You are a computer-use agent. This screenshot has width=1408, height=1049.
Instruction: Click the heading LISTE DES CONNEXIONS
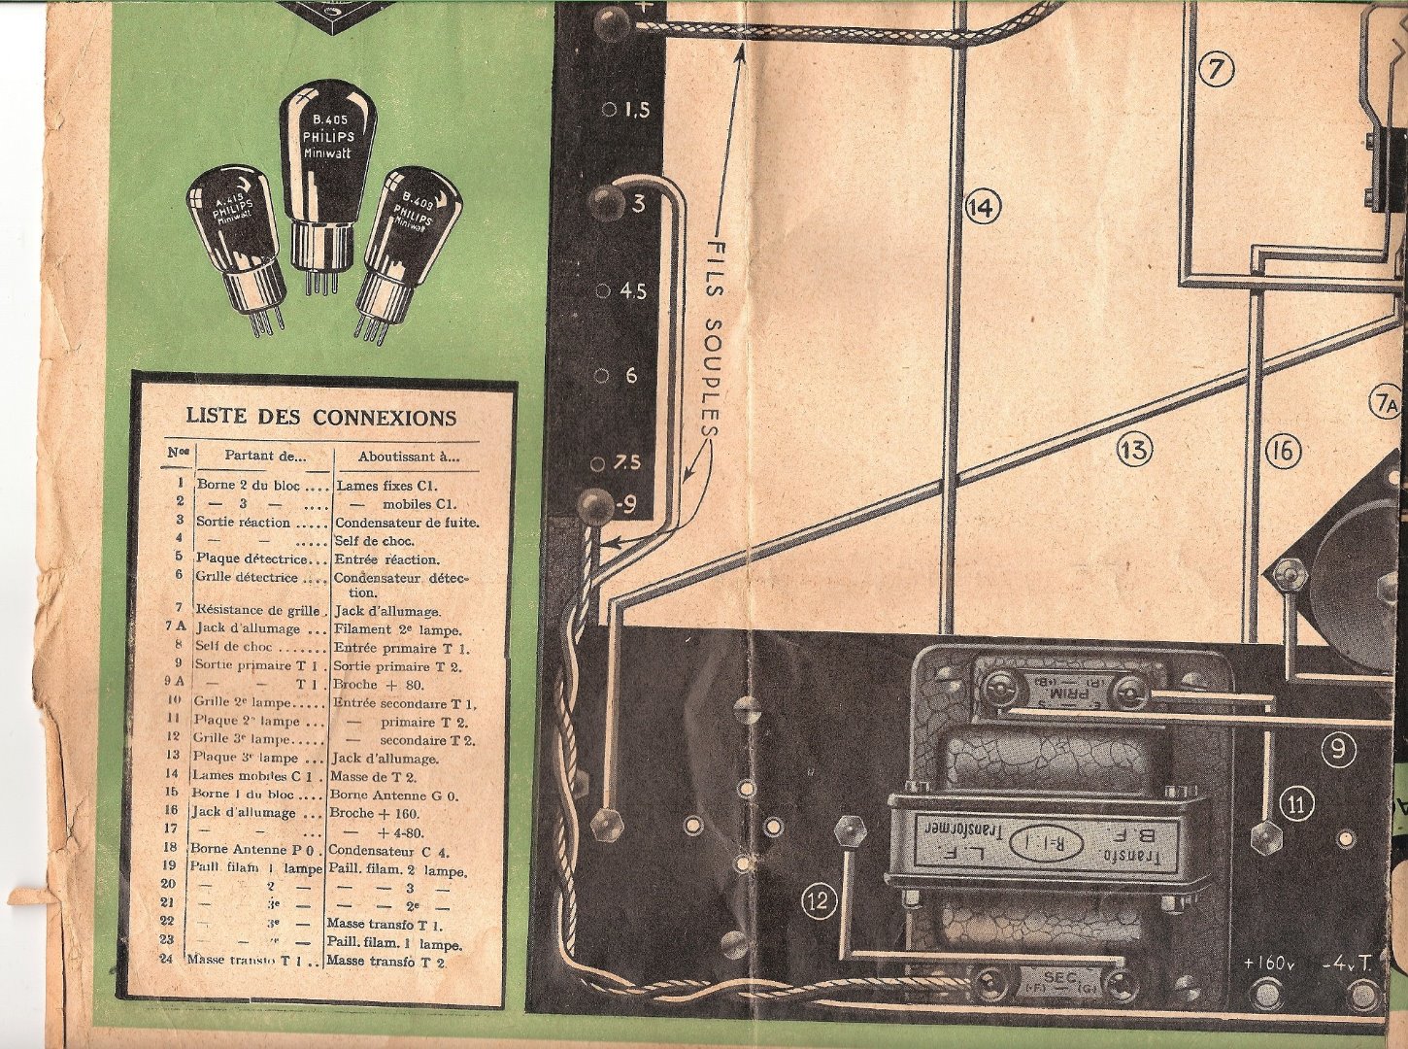click(x=320, y=418)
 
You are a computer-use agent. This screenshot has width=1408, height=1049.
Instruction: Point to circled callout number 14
click(x=983, y=207)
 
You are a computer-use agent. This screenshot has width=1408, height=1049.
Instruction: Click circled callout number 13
click(x=1133, y=449)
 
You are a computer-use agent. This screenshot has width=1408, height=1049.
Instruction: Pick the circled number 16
click(x=1283, y=450)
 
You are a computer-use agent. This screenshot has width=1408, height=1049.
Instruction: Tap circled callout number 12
click(x=820, y=901)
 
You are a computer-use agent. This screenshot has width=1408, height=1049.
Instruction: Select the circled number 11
click(x=1296, y=803)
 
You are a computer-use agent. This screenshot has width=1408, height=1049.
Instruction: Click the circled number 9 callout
click(x=1337, y=749)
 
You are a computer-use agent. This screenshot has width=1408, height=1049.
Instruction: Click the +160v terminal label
click(x=1269, y=964)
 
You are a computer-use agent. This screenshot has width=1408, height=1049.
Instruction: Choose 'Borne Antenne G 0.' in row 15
click(x=393, y=795)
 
